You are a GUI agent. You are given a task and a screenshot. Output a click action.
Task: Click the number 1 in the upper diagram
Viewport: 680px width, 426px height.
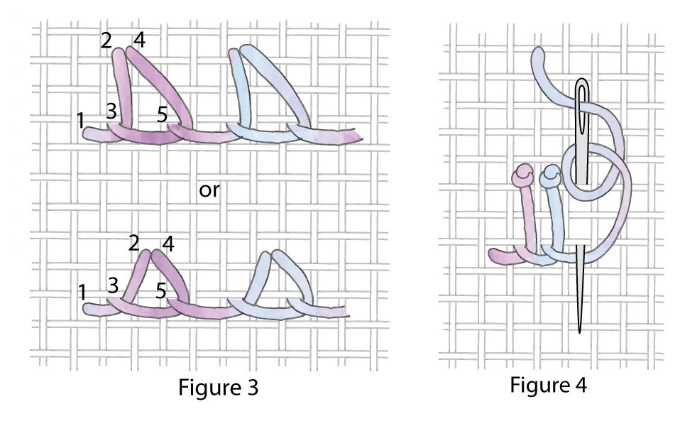(81, 120)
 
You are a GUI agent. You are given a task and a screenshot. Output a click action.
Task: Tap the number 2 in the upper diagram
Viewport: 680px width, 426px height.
(106, 40)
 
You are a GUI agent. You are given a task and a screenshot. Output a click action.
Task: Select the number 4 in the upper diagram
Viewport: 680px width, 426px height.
(139, 40)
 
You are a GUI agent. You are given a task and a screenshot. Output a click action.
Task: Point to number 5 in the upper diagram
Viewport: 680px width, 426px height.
(162, 114)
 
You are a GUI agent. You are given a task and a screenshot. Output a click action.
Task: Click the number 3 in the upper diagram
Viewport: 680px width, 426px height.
(111, 111)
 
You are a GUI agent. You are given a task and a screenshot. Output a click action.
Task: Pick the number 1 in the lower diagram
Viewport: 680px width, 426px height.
(82, 293)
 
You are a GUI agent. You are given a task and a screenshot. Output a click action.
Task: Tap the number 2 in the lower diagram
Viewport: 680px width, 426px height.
(134, 244)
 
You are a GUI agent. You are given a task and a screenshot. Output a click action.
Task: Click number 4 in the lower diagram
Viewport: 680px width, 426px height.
(168, 244)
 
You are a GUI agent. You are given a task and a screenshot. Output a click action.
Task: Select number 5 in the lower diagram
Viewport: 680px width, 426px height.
(161, 290)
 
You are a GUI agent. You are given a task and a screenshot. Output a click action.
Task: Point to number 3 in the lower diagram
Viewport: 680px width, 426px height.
(113, 286)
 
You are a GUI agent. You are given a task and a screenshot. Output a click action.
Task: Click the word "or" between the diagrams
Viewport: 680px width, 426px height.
(209, 190)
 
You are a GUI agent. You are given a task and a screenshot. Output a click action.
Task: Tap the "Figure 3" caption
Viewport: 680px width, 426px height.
(218, 387)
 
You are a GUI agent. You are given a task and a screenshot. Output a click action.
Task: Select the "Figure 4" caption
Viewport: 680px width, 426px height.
(548, 384)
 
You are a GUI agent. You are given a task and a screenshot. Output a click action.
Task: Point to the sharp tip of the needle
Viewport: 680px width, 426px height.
(580, 332)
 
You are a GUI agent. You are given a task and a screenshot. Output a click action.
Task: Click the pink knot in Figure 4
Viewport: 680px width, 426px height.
(522, 175)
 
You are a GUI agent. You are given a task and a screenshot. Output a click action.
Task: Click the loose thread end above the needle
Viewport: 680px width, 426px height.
(538, 54)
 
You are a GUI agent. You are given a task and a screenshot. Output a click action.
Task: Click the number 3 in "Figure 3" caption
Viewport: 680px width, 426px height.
(253, 388)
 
